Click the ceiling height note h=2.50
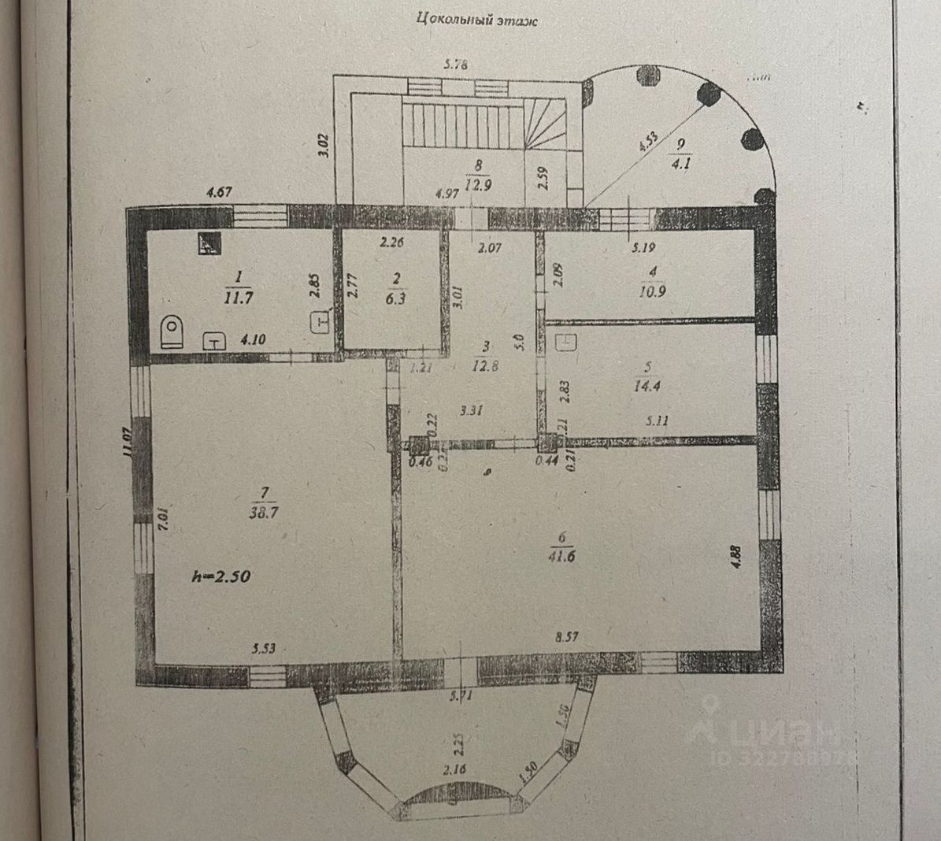pos(221,576)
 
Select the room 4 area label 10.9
pos(650,291)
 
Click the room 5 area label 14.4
pos(649,386)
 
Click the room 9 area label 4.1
pos(678,165)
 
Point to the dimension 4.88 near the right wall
pos(736,556)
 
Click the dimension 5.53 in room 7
pos(265,649)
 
